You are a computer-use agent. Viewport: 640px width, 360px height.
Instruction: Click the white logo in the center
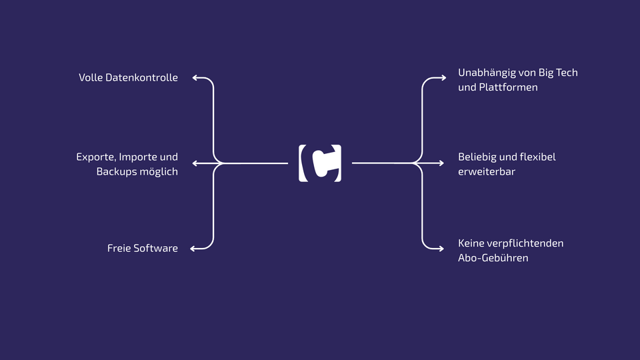tap(320, 163)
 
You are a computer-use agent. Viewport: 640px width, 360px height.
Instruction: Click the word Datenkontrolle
tap(141, 77)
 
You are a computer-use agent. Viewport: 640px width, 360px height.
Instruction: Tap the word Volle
tap(91, 77)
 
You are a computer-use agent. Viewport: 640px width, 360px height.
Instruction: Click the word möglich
tap(157, 172)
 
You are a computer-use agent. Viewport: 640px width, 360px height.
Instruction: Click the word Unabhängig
tap(483, 73)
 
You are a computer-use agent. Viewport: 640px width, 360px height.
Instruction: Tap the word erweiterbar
tap(487, 172)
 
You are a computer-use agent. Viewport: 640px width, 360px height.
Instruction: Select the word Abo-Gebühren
tap(493, 258)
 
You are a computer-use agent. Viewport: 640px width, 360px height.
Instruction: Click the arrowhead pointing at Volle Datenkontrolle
tap(195, 77)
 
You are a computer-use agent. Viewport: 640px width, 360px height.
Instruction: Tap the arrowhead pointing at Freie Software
tap(193, 249)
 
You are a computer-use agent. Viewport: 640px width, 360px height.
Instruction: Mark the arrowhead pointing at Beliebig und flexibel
tap(441, 163)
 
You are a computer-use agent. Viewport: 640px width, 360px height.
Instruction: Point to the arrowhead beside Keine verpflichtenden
tap(441, 249)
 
